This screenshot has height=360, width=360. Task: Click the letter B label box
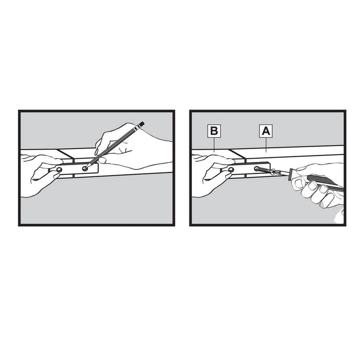tap(214, 131)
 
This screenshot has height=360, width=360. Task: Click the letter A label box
tap(266, 131)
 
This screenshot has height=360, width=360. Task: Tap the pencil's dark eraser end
tap(142, 123)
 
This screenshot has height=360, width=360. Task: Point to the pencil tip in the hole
tap(86, 168)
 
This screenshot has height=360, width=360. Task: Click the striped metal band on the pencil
tap(138, 128)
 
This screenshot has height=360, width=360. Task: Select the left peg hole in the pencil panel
tap(59, 170)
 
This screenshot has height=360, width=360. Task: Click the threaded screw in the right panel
tap(264, 170)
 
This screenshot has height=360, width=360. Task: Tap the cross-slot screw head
tap(274, 172)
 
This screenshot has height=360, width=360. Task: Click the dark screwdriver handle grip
tap(325, 183)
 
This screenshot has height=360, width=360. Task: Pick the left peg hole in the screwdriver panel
tap(230, 170)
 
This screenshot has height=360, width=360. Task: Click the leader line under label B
tap(214, 145)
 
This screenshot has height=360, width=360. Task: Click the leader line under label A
tap(266, 145)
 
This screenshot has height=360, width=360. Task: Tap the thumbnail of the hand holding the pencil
tap(102, 160)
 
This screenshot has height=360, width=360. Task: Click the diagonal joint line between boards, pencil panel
tap(65, 154)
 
